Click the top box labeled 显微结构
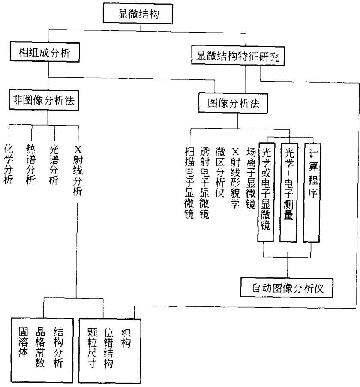coord(138,14)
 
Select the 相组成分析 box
coord(45,52)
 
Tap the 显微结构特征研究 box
coord(238,56)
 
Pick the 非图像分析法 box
coord(44,100)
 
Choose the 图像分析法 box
coord(233,103)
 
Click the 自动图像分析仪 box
coord(287,288)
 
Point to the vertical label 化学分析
coord(9,164)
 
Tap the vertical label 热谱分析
coord(31,165)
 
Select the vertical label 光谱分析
coord(54,165)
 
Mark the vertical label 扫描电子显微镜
coord(189,183)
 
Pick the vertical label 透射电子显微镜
coord(204,183)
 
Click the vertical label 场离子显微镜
coord(251,178)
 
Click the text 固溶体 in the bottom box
coord(24,342)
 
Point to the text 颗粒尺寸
coord(92,348)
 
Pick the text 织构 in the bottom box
coord(126,338)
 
